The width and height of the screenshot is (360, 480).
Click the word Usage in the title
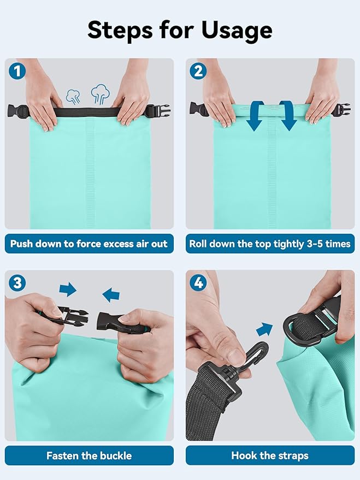(x=237, y=31)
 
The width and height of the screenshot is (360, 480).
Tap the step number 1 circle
(x=17, y=71)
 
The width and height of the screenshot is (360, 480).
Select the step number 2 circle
(x=198, y=71)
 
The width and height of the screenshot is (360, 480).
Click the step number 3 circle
(x=17, y=282)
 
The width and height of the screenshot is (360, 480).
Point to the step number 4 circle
(x=198, y=282)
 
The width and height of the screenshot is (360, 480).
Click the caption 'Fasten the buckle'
(x=89, y=455)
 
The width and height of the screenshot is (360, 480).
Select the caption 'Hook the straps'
(x=270, y=455)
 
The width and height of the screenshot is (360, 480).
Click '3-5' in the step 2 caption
(x=314, y=244)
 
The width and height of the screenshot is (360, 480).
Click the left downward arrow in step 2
(x=255, y=116)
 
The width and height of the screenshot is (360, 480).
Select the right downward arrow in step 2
(x=288, y=116)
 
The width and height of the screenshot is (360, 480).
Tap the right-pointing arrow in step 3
(x=68, y=289)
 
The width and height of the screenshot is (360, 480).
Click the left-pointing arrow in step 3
(x=111, y=295)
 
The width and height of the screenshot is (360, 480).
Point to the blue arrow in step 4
(x=264, y=329)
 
